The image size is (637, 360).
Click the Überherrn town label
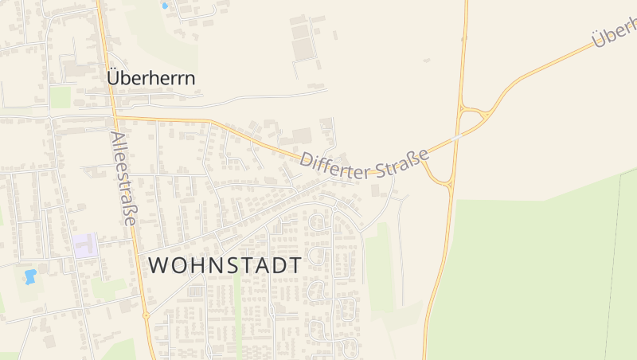151,79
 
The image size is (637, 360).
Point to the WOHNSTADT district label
225,265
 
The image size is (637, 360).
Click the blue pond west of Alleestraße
31,276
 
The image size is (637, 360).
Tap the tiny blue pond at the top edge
165,6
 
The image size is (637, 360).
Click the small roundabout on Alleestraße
146,315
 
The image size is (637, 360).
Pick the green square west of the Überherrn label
61,97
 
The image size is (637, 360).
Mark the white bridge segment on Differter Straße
455,138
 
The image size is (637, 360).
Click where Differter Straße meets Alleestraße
115,117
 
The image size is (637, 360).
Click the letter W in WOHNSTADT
159,265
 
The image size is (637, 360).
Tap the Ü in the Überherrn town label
114,78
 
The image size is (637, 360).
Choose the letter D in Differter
307,161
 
